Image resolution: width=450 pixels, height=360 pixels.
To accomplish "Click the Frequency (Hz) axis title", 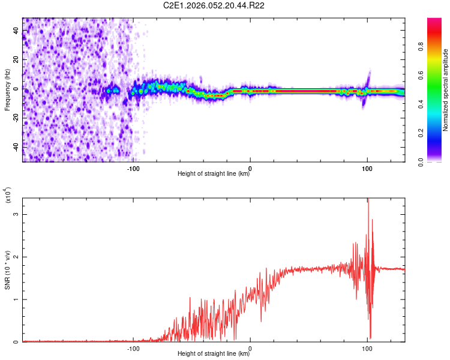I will [x=7, y=90].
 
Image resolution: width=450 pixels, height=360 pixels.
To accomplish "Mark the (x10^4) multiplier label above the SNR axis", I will [x=8, y=196].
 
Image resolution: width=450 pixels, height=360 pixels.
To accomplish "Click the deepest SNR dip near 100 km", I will [x=370, y=338].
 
